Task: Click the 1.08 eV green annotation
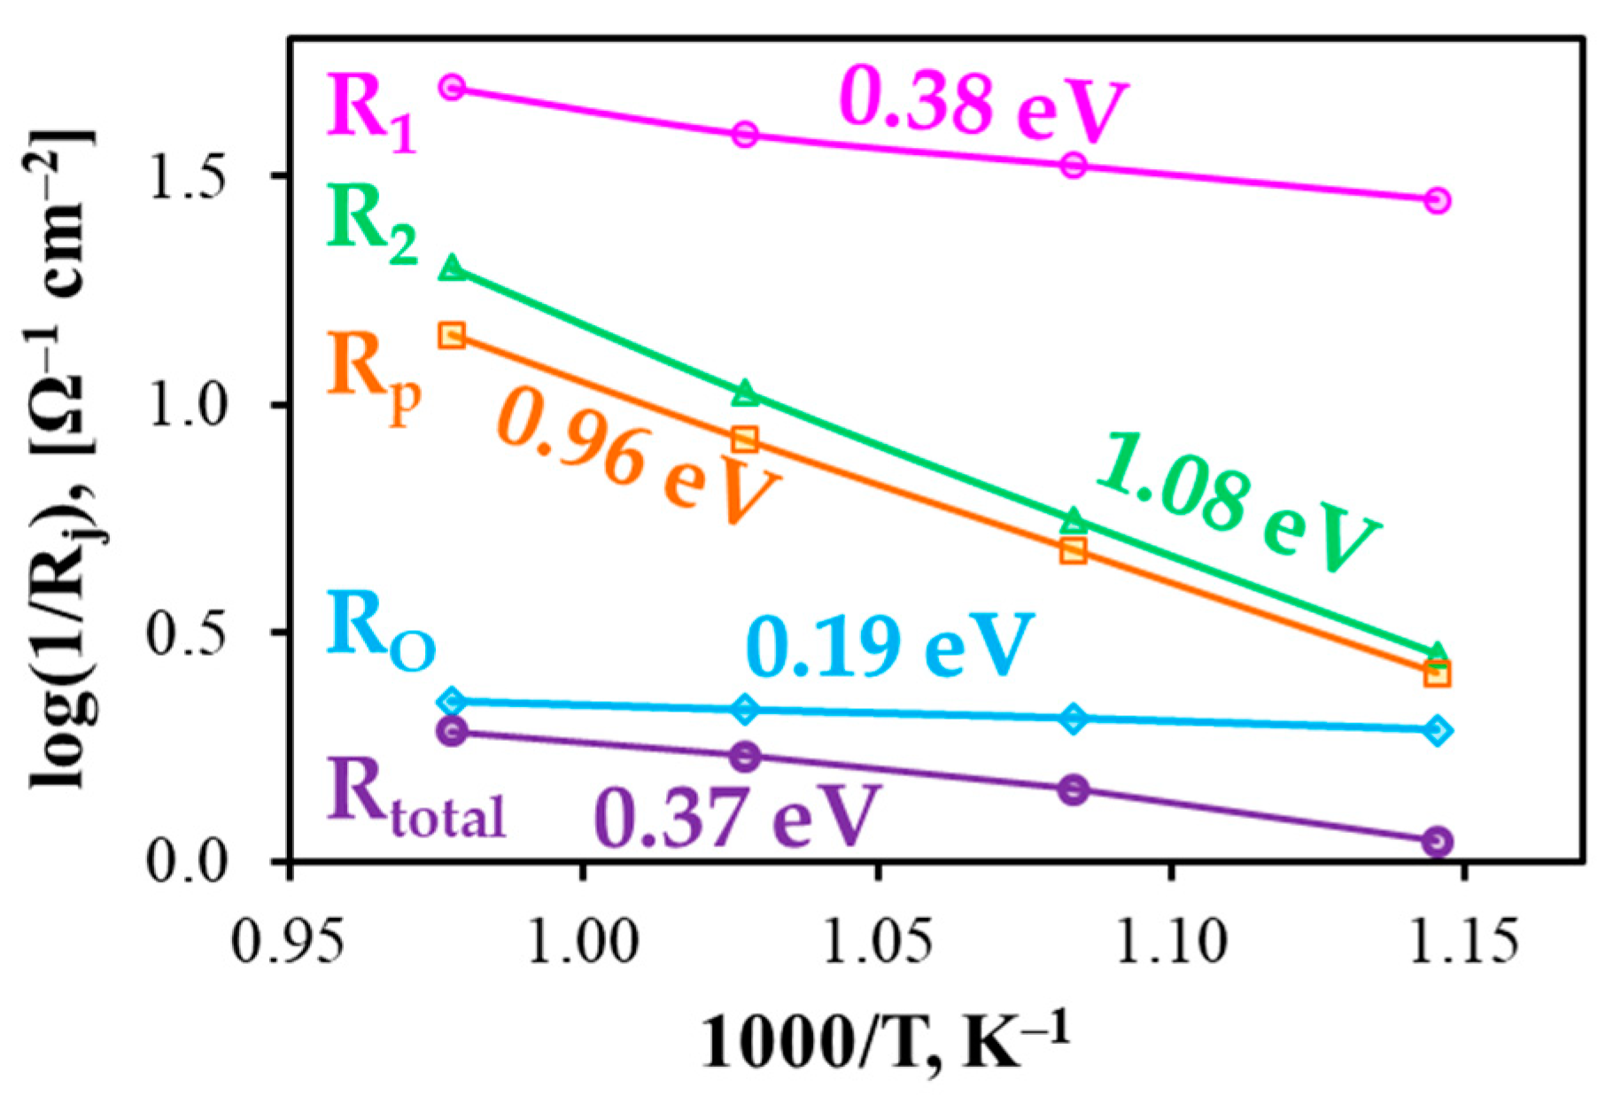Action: tap(1236, 505)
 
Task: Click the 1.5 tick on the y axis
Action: tap(189, 175)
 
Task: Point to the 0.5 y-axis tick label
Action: tap(189, 632)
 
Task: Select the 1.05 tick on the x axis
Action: tap(877, 941)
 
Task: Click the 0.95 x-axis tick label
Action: tap(288, 941)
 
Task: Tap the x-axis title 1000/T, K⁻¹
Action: tap(886, 1041)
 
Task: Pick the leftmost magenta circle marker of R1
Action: tap(453, 87)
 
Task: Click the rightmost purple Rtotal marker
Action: tap(1438, 841)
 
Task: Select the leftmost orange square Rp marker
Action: tap(452, 335)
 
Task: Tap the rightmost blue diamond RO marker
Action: tap(1438, 731)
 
